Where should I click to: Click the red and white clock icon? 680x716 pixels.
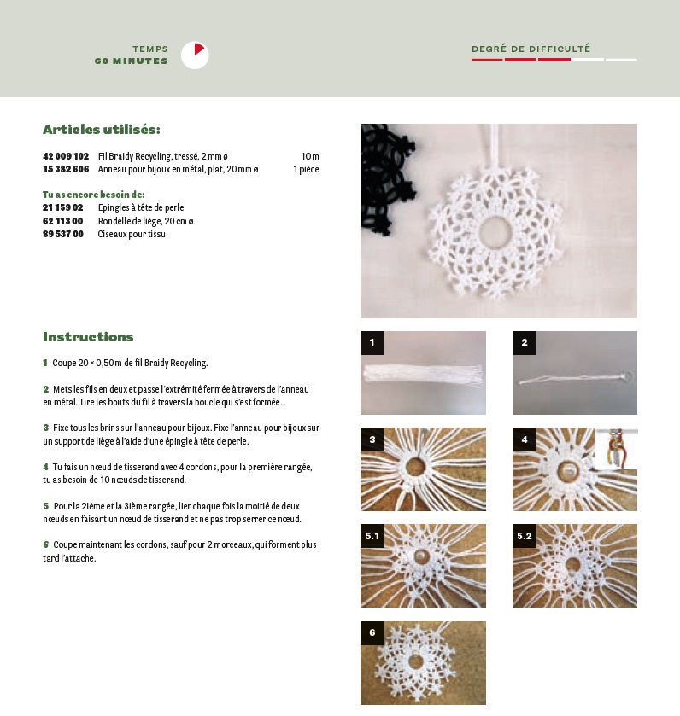pyautogui.click(x=195, y=55)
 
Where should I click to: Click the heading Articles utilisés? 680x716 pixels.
pyautogui.click(x=102, y=130)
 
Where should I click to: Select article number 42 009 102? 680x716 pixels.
pyautogui.click(x=66, y=156)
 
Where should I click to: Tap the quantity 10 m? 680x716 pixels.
pyautogui.click(x=309, y=156)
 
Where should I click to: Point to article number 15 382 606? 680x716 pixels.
pyautogui.click(x=66, y=169)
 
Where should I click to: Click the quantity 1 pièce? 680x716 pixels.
pyautogui.click(x=306, y=169)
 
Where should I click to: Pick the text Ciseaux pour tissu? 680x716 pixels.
pyautogui.click(x=132, y=234)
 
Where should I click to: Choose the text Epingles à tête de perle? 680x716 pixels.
pyautogui.click(x=141, y=207)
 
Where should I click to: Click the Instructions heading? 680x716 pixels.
pyautogui.click(x=88, y=337)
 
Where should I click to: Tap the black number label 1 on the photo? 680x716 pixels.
pyautogui.click(x=372, y=343)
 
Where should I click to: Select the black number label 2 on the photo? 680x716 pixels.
pyautogui.click(x=525, y=343)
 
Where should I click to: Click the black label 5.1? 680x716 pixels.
pyautogui.click(x=372, y=536)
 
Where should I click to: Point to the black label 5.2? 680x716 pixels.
pyautogui.click(x=525, y=536)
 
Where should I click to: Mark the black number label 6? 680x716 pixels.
pyautogui.click(x=372, y=632)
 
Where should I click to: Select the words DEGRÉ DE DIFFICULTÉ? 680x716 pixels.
pyautogui.click(x=531, y=49)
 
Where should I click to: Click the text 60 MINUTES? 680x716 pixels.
pyautogui.click(x=132, y=61)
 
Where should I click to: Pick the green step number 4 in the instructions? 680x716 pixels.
pyautogui.click(x=45, y=467)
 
